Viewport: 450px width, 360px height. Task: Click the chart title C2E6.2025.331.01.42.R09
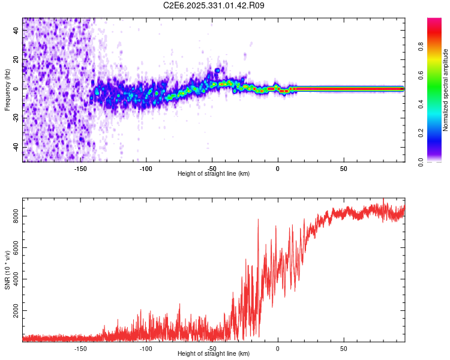214,5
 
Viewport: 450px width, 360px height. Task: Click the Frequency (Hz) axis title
7,90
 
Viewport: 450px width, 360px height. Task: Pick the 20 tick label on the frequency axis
16,59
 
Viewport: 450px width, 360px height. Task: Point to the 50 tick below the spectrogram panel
343,169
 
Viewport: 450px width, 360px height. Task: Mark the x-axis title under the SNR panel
214,354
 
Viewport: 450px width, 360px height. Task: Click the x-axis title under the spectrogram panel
214,174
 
